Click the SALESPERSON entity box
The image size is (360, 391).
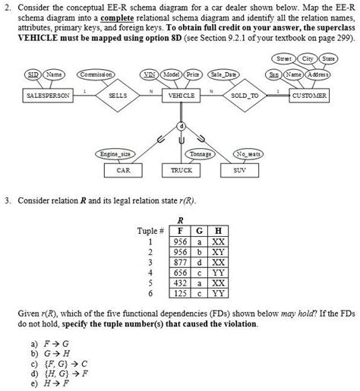pos(48,96)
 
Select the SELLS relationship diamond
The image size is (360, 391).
pos(118,96)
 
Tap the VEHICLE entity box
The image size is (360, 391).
pos(181,96)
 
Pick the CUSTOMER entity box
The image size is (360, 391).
pos(309,96)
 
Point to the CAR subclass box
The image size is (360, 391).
pos(123,170)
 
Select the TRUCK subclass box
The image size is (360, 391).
pos(181,170)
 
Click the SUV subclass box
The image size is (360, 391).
pos(239,170)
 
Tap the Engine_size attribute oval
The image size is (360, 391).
pos(116,154)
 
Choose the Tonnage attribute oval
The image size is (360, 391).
pos(200,154)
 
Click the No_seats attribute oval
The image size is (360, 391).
pos(248,154)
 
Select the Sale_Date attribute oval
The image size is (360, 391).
pos(224,75)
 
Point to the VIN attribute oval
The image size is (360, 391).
pos(151,75)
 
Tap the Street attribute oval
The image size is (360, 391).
pos(284,58)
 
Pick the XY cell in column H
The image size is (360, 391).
pos(219,251)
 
